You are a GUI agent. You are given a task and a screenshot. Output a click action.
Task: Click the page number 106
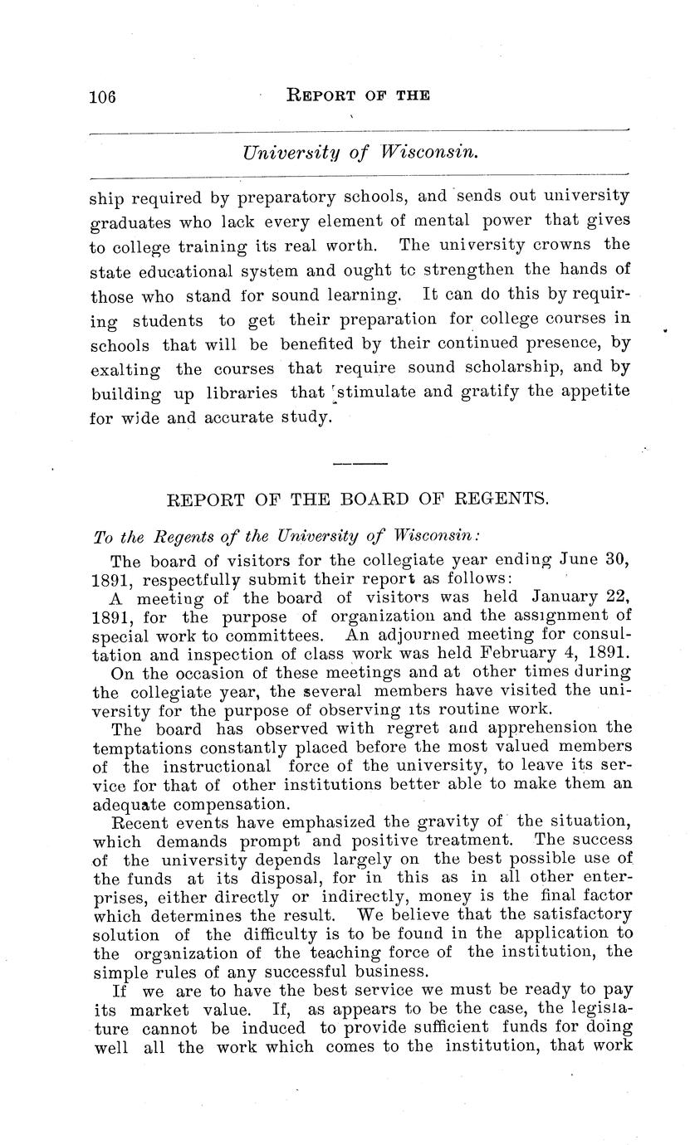[x=102, y=96]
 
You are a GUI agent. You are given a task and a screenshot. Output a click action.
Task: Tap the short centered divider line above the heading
[x=360, y=462]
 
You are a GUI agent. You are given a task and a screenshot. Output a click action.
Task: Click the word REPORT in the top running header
[x=319, y=95]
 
